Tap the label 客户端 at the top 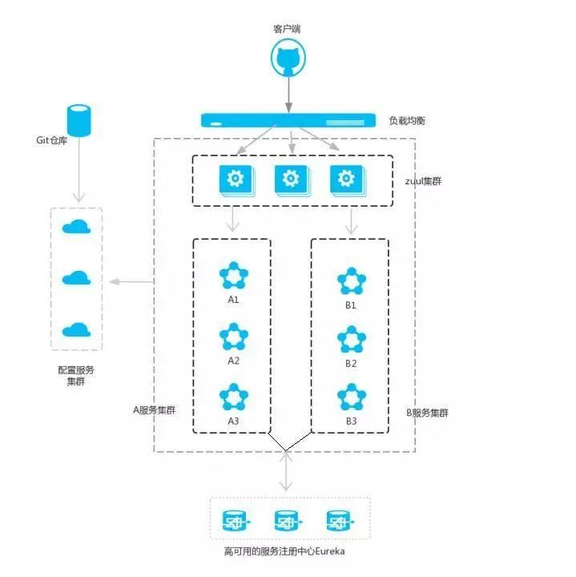coord(288,29)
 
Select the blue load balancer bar coord(288,121)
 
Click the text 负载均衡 coord(407,121)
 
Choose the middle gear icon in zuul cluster coord(291,180)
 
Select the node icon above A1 coord(234,276)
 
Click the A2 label coord(234,361)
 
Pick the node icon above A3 coord(234,397)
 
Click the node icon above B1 coord(351,281)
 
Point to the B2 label coord(351,363)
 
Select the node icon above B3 coord(351,397)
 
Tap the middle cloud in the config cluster coord(76,278)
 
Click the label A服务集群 coord(154,410)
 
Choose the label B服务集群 coord(428,413)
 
